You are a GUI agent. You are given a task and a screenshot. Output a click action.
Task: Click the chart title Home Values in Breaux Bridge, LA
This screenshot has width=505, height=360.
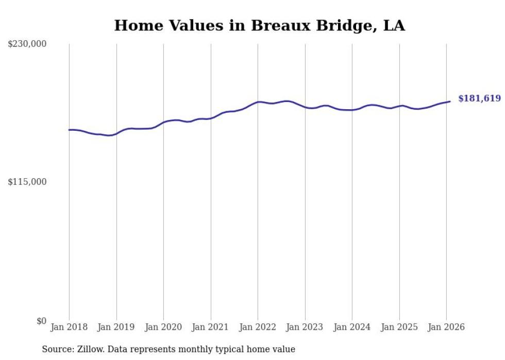click(259, 26)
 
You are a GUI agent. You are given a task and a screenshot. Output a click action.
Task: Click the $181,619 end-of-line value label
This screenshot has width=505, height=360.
click(479, 98)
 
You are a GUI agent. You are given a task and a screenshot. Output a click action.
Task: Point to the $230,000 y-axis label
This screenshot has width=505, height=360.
click(27, 44)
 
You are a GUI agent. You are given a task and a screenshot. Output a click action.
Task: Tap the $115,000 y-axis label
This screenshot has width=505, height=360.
click(27, 182)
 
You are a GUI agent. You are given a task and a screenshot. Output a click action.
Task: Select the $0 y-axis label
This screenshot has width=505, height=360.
click(41, 321)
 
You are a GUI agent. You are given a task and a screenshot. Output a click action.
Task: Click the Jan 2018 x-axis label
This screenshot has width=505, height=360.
click(69, 328)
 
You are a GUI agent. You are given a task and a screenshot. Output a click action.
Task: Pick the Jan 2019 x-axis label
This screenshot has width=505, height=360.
click(116, 328)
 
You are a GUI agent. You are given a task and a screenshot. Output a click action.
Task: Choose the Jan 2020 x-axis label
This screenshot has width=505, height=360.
click(163, 328)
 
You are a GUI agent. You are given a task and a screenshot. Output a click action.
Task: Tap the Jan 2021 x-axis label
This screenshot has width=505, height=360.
click(211, 328)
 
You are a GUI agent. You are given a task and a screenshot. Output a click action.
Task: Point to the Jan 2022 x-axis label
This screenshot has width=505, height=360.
click(258, 328)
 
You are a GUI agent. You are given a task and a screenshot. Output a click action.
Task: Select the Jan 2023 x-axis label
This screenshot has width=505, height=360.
click(305, 328)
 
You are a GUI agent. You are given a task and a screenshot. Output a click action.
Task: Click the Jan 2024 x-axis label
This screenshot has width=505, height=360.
click(352, 328)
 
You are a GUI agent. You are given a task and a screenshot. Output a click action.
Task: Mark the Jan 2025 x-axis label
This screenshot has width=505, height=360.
click(399, 328)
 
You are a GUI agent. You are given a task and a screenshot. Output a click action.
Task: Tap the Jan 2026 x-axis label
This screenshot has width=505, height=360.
click(446, 328)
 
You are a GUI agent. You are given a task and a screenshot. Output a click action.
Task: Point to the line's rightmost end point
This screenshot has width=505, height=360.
click(450, 101)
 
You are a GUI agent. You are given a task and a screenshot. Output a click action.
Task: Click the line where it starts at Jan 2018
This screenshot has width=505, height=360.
click(69, 130)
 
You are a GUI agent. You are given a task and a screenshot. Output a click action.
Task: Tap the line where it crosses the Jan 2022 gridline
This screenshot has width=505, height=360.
click(258, 102)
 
